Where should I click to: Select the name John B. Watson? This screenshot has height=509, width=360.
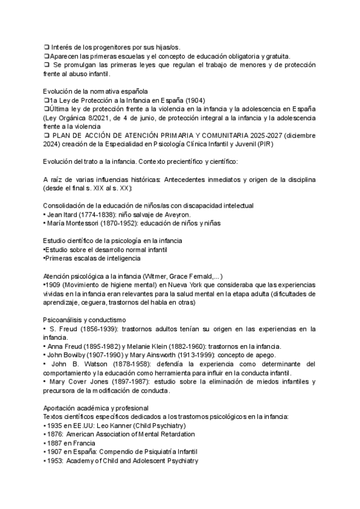[79, 364]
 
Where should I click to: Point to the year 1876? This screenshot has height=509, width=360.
[55, 434]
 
